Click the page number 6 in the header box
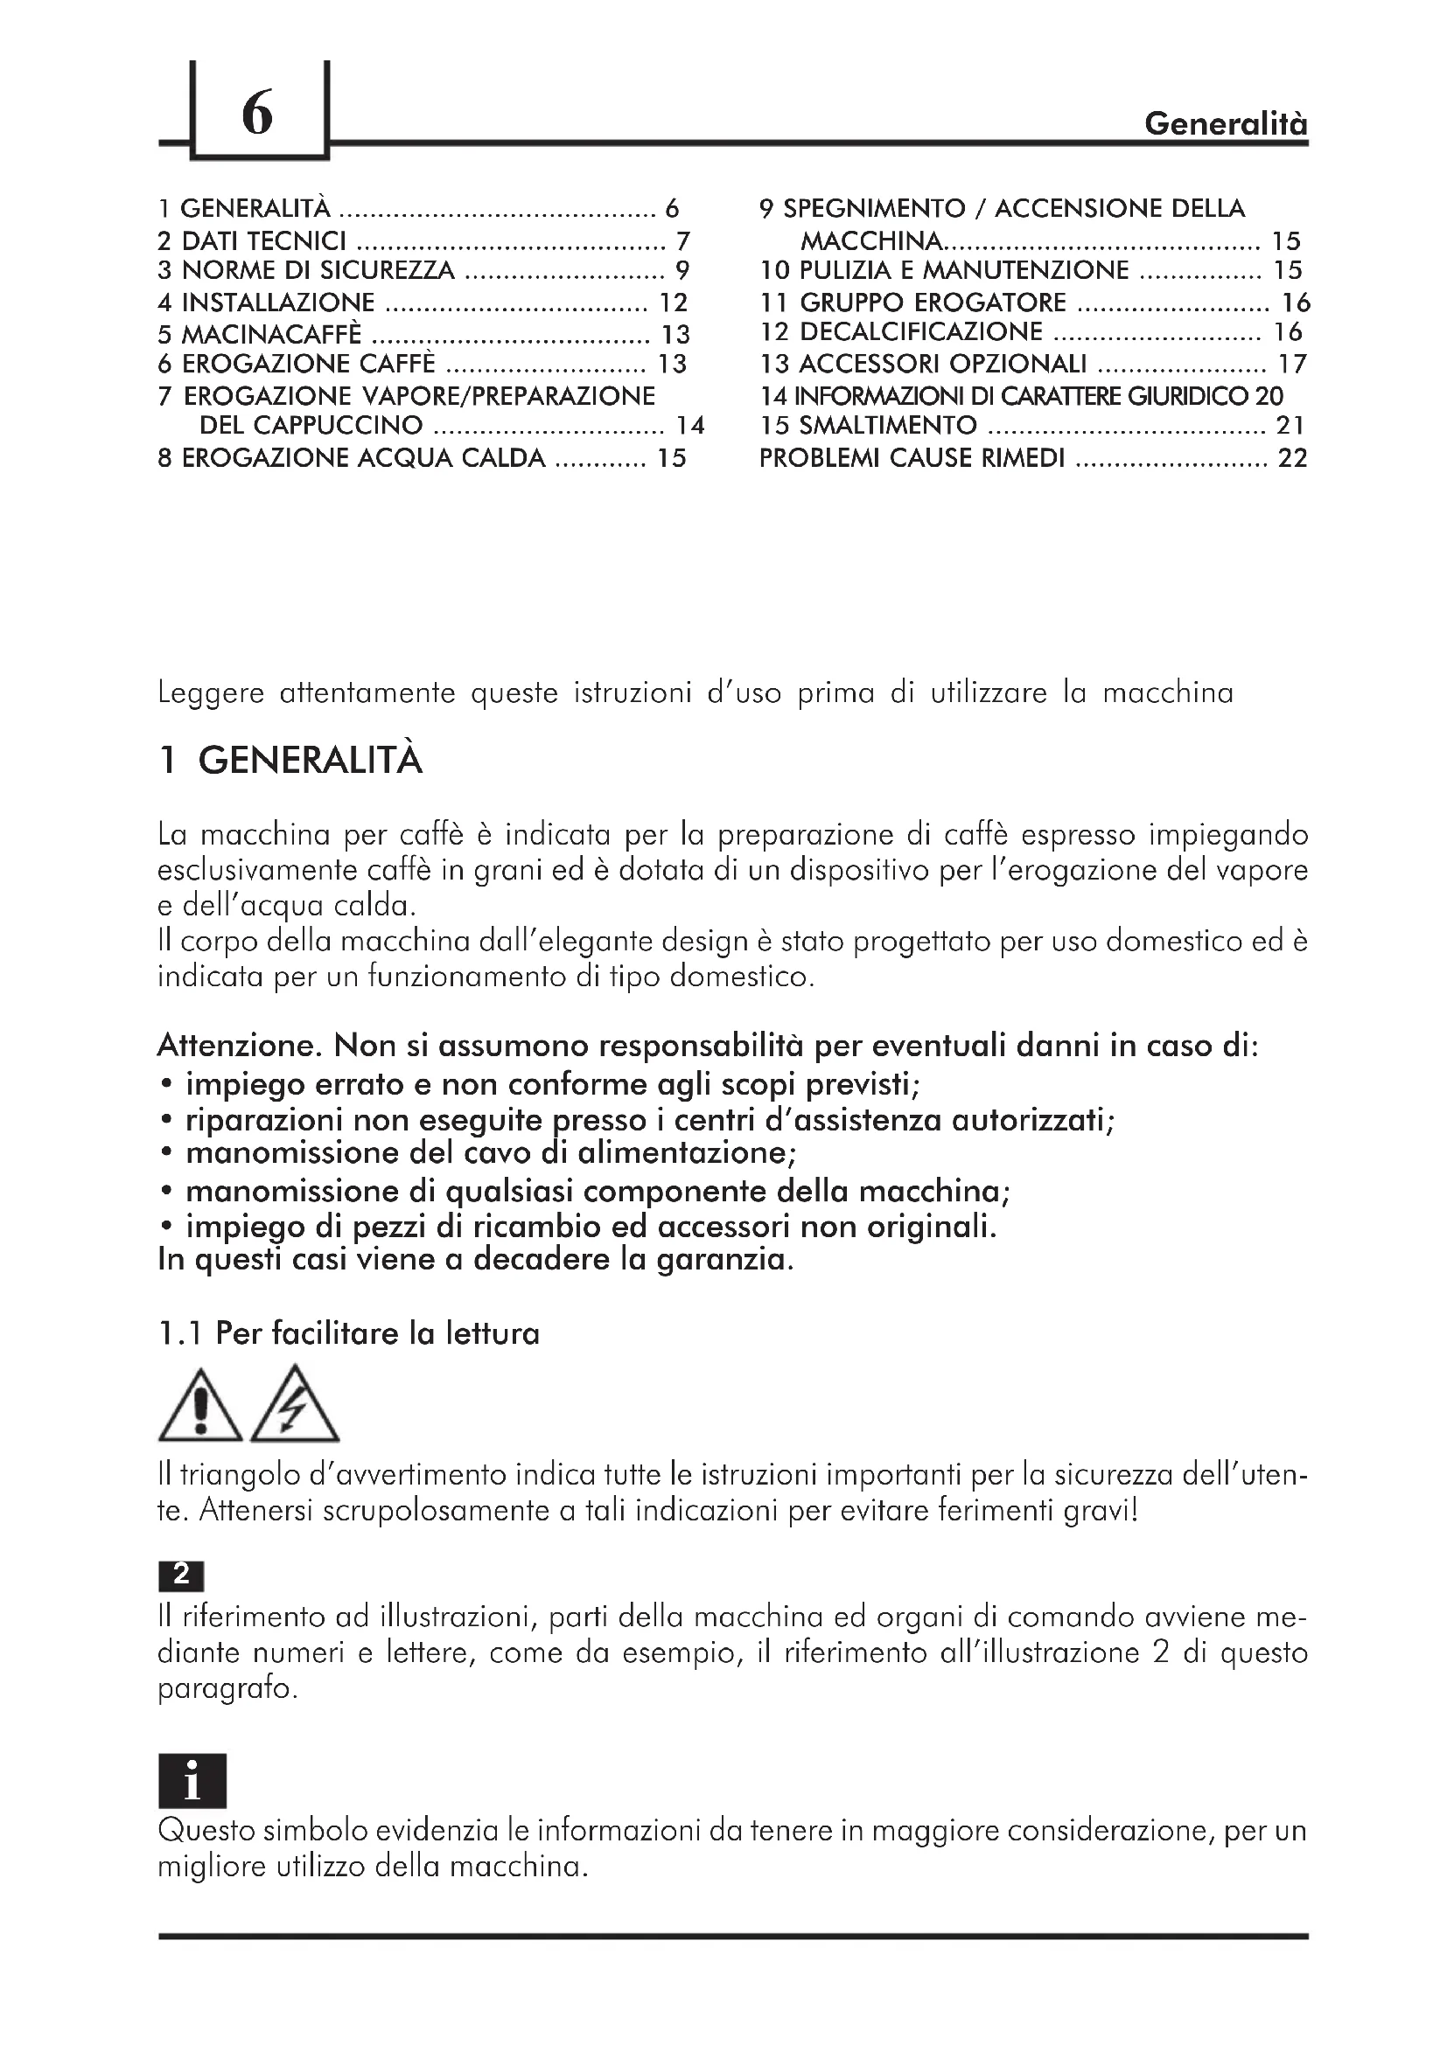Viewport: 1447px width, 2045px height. pyautogui.click(x=256, y=114)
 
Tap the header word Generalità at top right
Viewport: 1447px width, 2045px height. pyautogui.click(x=1225, y=123)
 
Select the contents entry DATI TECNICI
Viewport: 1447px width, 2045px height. pyautogui.click(x=263, y=240)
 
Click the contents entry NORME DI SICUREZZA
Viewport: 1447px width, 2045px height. pyautogui.click(x=318, y=270)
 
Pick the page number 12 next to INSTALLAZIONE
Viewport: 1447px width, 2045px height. pyautogui.click(x=673, y=303)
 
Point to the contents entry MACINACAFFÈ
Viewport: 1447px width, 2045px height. pyautogui.click(x=272, y=334)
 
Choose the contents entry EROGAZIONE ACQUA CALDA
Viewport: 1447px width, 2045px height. pyautogui.click(x=363, y=458)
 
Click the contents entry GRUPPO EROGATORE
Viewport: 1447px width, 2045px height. pyautogui.click(x=932, y=303)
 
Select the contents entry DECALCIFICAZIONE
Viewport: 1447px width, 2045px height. pyautogui.click(x=920, y=331)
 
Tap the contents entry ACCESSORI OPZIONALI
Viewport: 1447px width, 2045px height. pyautogui.click(x=943, y=364)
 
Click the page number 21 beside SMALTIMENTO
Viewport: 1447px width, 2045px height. pyautogui.click(x=1290, y=426)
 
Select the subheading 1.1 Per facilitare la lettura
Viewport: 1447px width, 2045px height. pyautogui.click(x=348, y=1333)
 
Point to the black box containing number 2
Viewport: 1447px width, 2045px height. pyautogui.click(x=181, y=1575)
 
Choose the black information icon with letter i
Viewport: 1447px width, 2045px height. pyautogui.click(x=192, y=1781)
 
